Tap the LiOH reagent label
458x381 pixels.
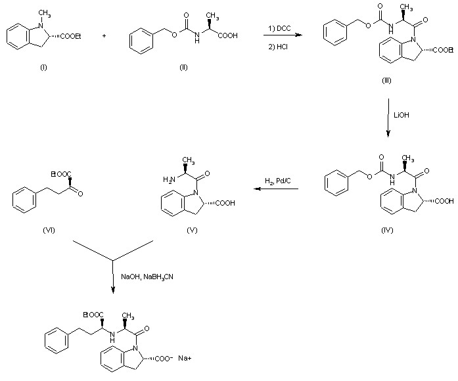401,115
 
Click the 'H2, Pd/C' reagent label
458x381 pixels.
278,181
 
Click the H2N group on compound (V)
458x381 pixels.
168,178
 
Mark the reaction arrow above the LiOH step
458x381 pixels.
389,118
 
